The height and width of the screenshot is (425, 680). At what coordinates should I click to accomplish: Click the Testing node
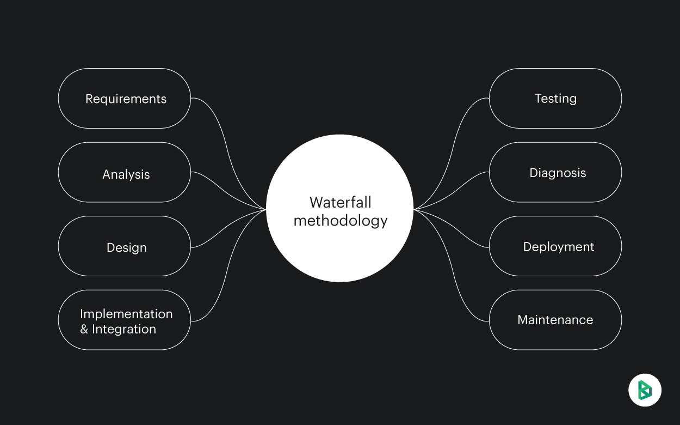[555, 99]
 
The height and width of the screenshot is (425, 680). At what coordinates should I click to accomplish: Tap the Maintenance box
[555, 320]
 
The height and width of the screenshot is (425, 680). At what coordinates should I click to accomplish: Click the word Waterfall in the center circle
[340, 202]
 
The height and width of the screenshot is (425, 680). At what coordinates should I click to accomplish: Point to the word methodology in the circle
[340, 221]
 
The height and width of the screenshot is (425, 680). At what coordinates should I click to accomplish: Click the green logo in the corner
[645, 390]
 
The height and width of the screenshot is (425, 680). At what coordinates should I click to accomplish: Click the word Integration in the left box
[124, 329]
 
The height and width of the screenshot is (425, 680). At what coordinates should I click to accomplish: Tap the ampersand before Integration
[84, 329]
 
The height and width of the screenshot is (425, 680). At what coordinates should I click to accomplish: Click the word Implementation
[126, 314]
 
